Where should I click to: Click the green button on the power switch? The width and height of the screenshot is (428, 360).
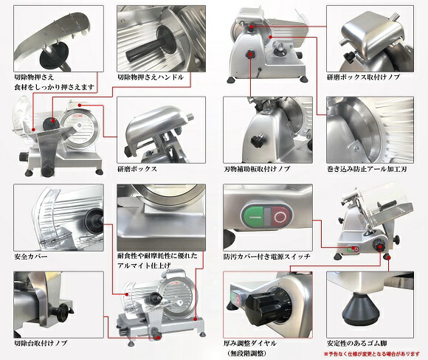pyautogui.click(x=252, y=217)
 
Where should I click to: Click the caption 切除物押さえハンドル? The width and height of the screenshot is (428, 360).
pyautogui.click(x=151, y=77)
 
